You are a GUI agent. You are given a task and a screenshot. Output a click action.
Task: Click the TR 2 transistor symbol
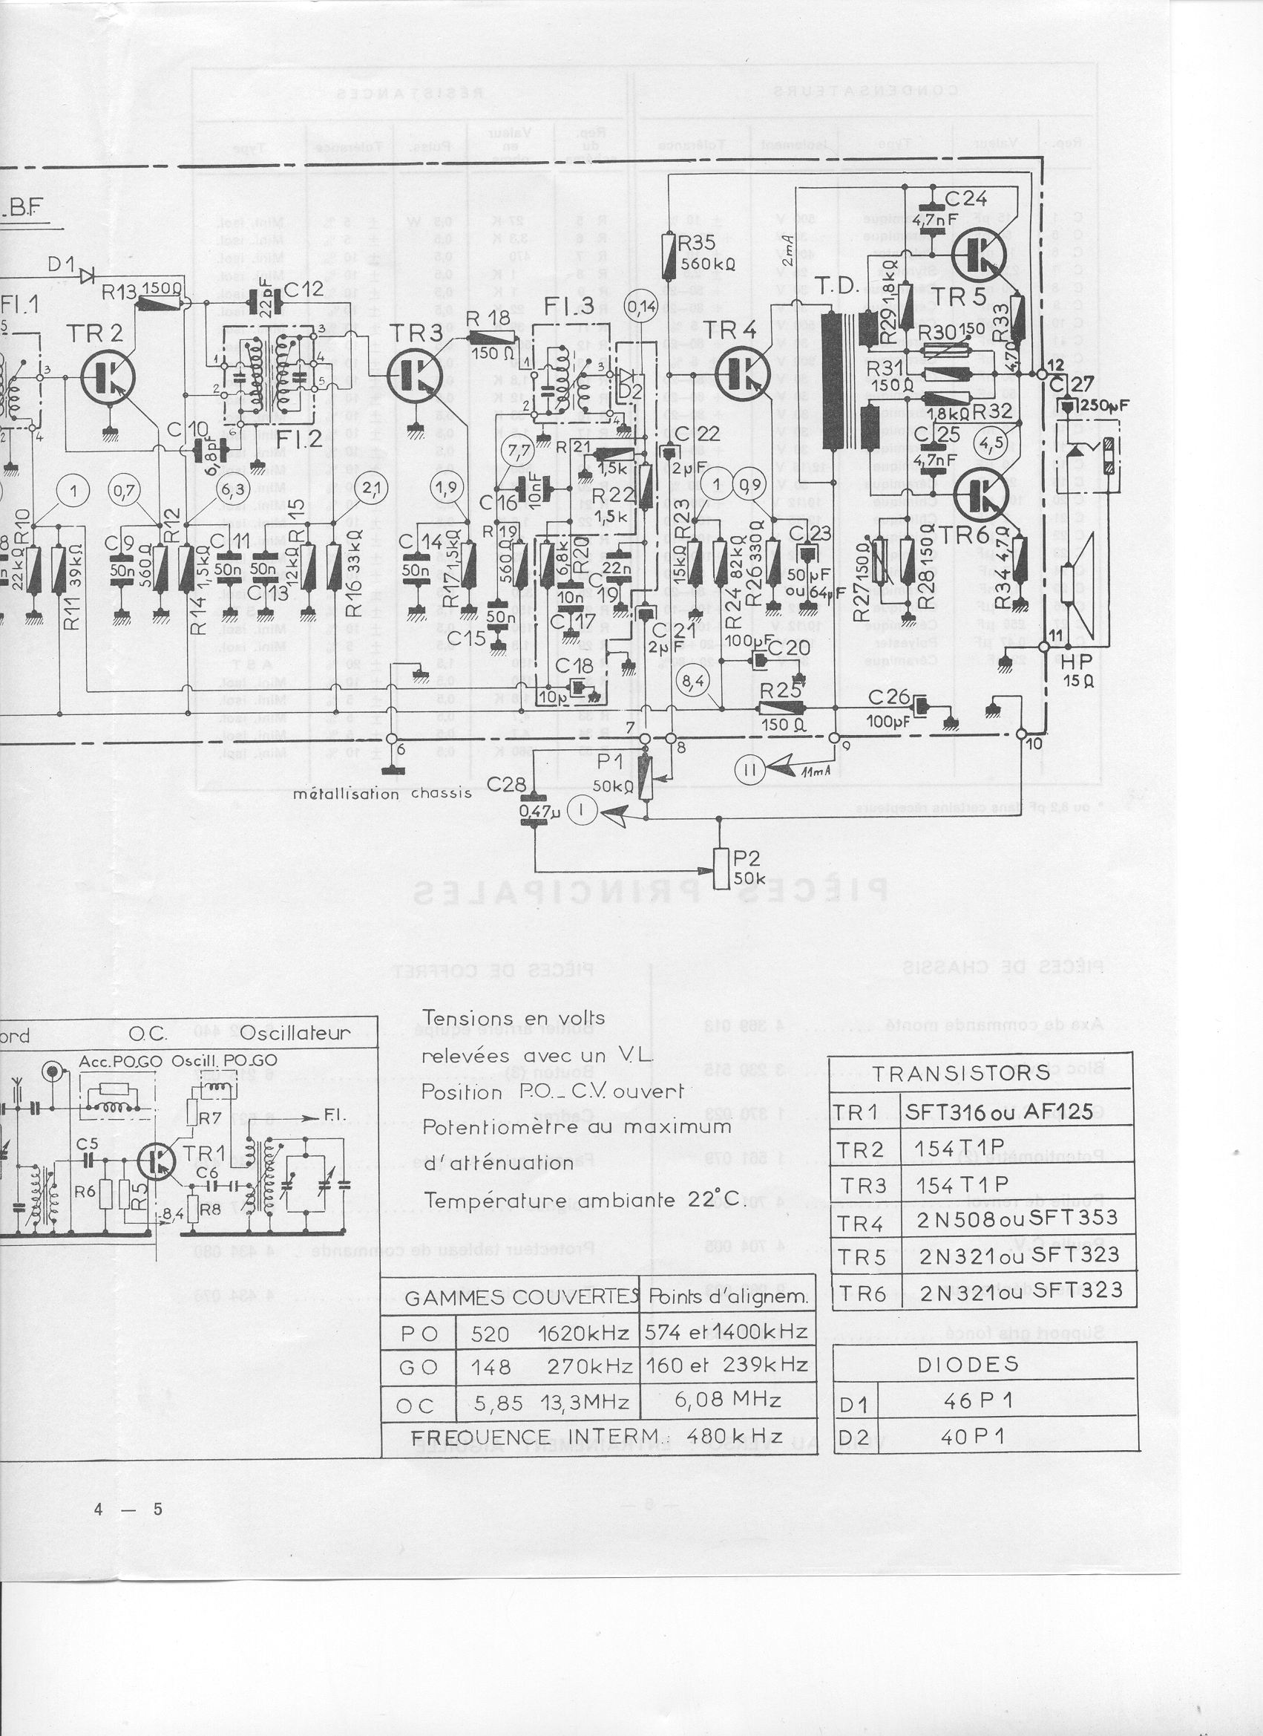point(108,377)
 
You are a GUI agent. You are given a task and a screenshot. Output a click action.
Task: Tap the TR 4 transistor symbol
point(741,373)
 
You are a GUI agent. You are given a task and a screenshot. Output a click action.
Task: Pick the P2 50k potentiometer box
point(722,868)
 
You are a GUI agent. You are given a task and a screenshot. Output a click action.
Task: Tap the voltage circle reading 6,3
point(232,489)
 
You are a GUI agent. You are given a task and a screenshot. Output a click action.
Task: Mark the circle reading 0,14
point(641,307)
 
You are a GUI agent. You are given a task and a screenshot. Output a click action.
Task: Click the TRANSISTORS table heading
point(962,1073)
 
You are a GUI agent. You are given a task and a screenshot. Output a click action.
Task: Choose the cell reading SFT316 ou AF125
point(999,1112)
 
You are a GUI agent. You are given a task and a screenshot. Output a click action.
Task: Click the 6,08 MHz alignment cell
point(727,1399)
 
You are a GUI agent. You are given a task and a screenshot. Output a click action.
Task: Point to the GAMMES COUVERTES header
point(510,1297)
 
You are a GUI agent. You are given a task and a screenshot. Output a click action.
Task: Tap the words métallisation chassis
point(381,794)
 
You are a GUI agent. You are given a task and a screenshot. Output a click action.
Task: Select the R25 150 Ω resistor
point(783,708)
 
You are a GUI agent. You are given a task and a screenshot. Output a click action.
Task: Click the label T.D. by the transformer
point(836,287)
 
